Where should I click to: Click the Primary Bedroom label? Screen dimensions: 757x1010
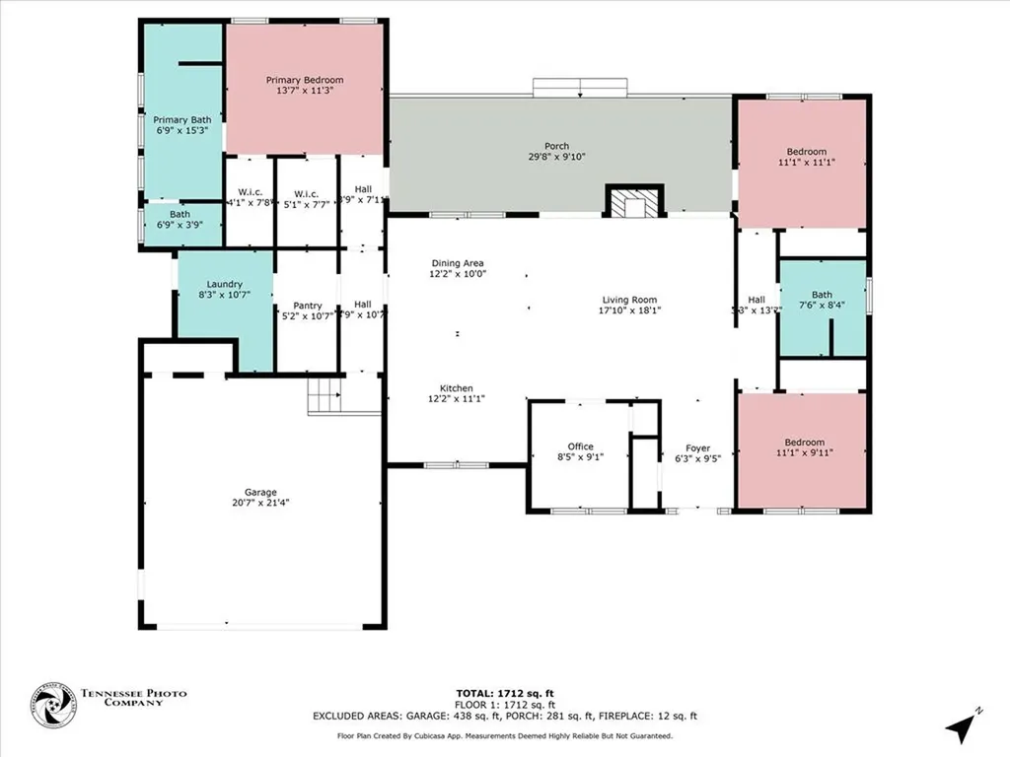(305, 79)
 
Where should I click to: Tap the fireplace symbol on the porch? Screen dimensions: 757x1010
(630, 203)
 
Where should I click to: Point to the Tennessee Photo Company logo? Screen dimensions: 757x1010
(53, 707)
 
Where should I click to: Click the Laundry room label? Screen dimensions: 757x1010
(224, 284)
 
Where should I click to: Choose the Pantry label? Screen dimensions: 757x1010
(306, 306)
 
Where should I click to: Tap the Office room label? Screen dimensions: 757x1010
(580, 447)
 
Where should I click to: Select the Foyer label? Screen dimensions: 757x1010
(698, 447)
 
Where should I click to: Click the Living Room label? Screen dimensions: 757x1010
(630, 300)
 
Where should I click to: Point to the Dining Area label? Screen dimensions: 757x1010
(457, 263)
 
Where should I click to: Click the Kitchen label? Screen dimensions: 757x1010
(457, 388)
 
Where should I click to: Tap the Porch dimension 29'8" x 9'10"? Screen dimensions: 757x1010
(557, 156)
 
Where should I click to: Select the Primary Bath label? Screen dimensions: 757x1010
(181, 119)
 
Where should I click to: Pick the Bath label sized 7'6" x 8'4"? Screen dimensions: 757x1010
(822, 295)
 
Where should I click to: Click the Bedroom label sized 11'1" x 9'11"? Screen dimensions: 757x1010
(804, 443)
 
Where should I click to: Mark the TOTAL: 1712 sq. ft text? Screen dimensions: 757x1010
(504, 693)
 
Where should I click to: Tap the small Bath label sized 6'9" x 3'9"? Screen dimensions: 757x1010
(180, 214)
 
